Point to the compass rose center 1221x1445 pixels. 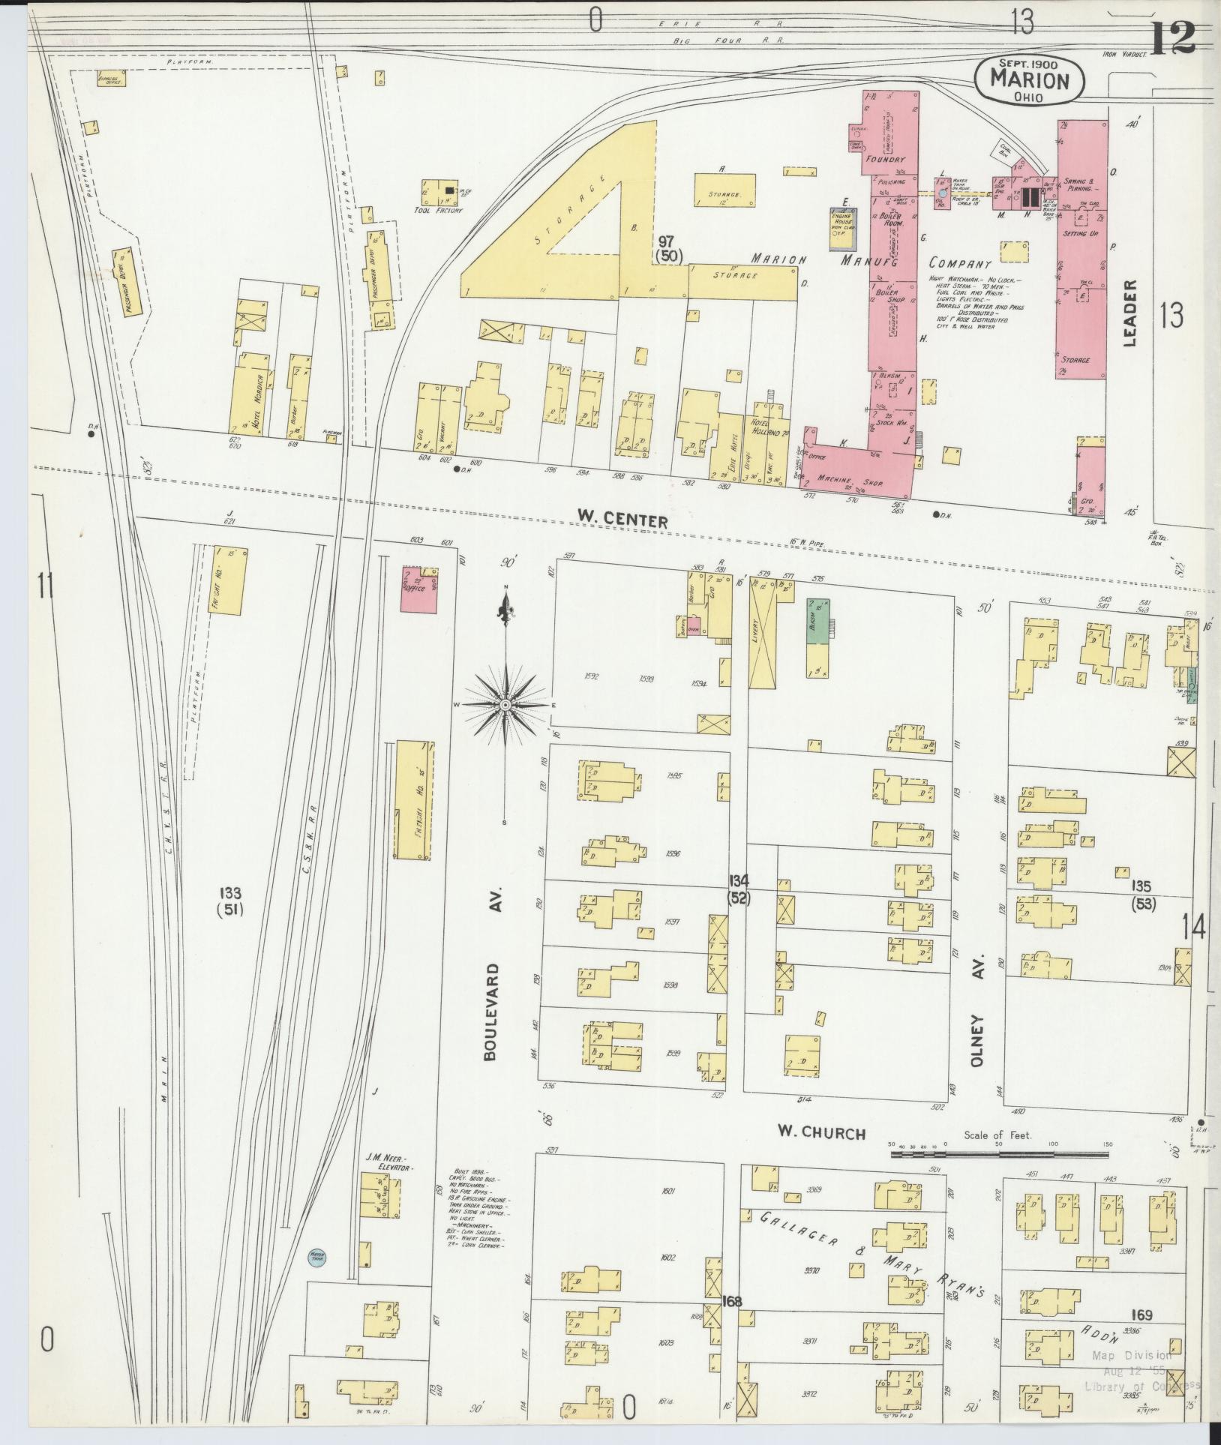click(x=507, y=706)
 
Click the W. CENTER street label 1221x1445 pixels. click(x=622, y=517)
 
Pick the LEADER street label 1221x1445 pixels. click(x=1130, y=313)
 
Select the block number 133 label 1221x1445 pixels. click(x=230, y=900)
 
